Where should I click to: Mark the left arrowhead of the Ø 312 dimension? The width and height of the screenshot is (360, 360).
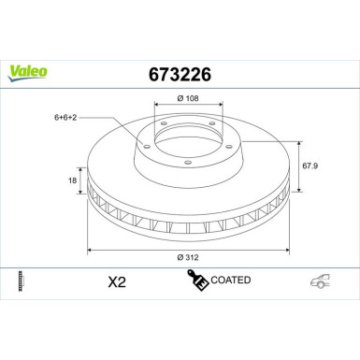point(91,251)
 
